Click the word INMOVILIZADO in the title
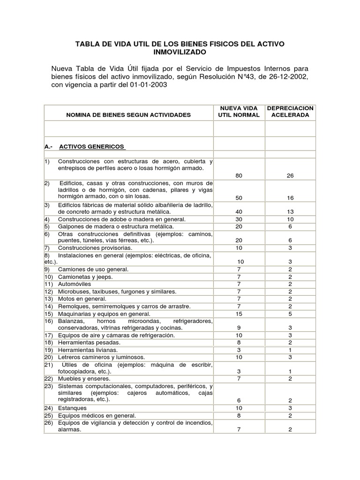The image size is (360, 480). tap(180, 52)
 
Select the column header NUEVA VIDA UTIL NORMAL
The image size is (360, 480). tap(239, 112)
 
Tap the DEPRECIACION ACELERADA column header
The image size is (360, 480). tap(290, 112)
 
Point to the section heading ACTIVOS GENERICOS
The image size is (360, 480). tap(92, 146)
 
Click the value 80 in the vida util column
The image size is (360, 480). tap(239, 176)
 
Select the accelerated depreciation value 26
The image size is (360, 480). tap(290, 176)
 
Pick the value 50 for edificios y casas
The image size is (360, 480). tap(239, 198)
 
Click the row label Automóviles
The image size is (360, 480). tap(75, 284)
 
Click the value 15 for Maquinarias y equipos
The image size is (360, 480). tap(239, 314)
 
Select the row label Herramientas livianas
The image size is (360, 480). tap(88, 350)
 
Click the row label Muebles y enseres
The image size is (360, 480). tap(84, 378)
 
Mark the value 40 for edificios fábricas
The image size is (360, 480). tap(239, 212)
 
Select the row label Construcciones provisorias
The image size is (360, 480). tap(95, 247)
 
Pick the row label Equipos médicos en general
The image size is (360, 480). tap(97, 415)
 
